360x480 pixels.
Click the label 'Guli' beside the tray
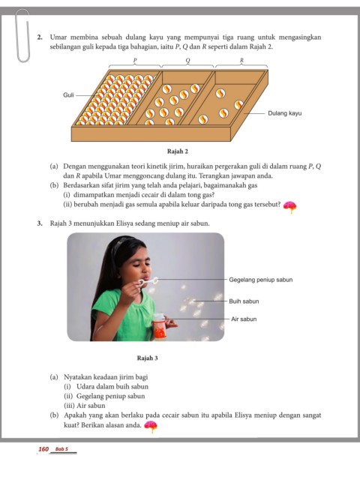pyautogui.click(x=68, y=95)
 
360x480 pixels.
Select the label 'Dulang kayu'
pyautogui.click(x=285, y=113)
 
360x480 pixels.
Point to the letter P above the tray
pyautogui.click(x=135, y=60)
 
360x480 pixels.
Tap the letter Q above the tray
pyautogui.click(x=187, y=60)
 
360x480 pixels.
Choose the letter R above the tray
pyautogui.click(x=241, y=60)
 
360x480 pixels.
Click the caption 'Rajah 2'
pyautogui.click(x=178, y=151)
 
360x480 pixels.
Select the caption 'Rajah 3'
pyautogui.click(x=147, y=358)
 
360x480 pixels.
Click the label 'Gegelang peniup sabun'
pyautogui.click(x=261, y=280)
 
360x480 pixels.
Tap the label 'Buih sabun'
pyautogui.click(x=244, y=301)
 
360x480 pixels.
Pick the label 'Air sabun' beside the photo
pyautogui.click(x=244, y=319)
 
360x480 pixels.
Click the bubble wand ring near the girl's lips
pyautogui.click(x=154, y=280)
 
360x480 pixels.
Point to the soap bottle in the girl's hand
pyautogui.click(x=160, y=326)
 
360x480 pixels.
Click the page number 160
pyautogui.click(x=43, y=449)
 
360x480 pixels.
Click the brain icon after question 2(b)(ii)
pyautogui.click(x=289, y=207)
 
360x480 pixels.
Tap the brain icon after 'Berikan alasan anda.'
pyautogui.click(x=151, y=427)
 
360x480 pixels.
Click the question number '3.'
pyautogui.click(x=40, y=223)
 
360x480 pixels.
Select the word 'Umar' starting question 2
pyautogui.click(x=58, y=37)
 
